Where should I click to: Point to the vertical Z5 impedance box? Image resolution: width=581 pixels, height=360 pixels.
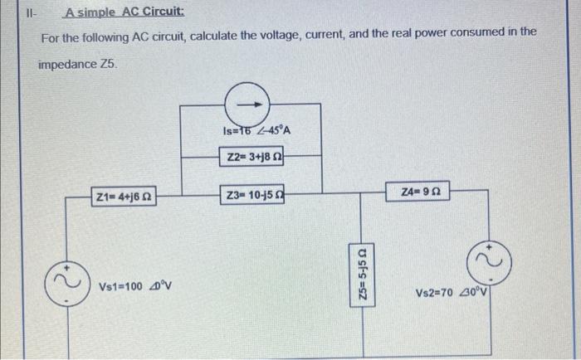(361, 273)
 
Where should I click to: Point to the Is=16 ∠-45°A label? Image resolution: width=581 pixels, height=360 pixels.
(256, 130)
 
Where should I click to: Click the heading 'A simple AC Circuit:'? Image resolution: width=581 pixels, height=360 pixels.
(114, 13)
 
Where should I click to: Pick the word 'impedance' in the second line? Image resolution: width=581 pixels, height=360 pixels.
(68, 63)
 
